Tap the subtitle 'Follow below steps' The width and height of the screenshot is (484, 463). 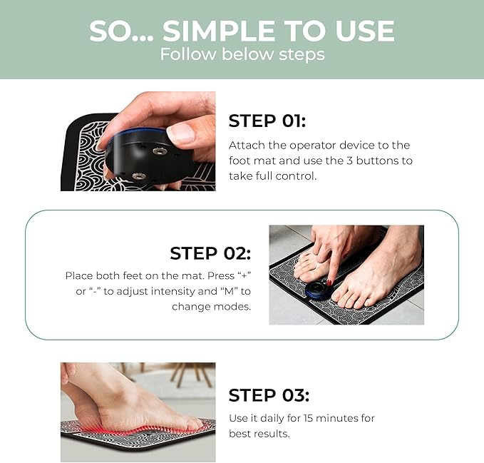coord(242,55)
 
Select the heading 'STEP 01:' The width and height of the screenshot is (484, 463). coord(267,120)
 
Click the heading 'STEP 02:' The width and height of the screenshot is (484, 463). coord(210,253)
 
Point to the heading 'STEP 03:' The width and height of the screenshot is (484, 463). coord(269,395)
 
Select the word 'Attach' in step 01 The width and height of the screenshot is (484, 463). coord(245,145)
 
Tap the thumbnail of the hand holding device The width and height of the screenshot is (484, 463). coord(138,141)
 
